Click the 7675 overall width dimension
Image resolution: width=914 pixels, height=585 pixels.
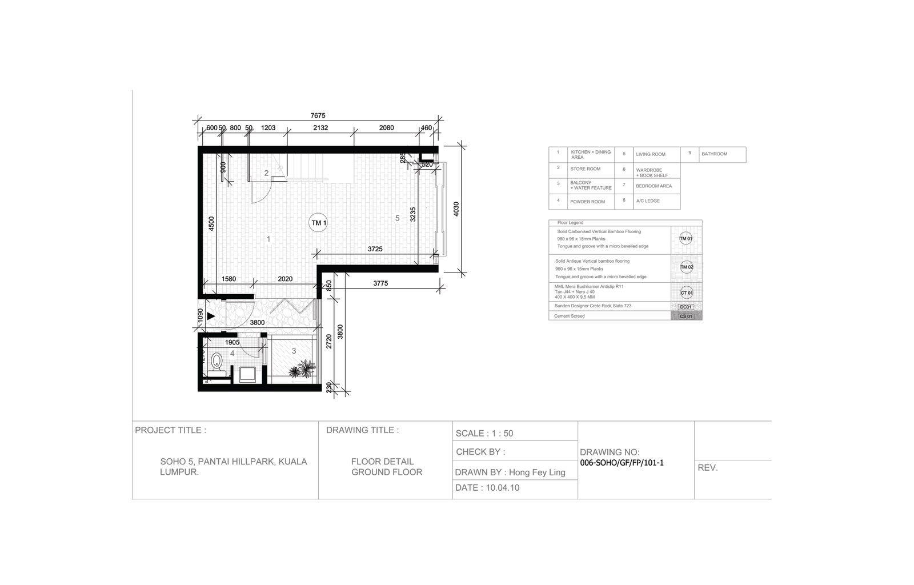point(318,116)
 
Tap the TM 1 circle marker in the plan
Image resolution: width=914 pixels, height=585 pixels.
point(318,223)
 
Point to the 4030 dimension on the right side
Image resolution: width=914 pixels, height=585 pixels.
point(456,209)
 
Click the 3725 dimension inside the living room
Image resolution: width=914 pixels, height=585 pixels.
point(375,249)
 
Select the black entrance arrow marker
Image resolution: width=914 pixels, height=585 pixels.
point(211,316)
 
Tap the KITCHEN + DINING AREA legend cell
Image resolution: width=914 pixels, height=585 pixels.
point(591,154)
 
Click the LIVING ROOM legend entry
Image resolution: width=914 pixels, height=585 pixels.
point(651,154)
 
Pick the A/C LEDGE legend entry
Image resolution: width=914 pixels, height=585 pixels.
point(648,201)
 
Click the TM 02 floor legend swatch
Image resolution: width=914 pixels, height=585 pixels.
point(686,267)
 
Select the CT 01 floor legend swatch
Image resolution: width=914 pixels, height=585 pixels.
point(686,292)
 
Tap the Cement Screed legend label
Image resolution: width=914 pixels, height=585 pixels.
point(570,316)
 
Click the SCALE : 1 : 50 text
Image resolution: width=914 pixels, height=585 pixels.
point(484,434)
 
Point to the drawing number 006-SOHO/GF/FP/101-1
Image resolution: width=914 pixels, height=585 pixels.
point(622,463)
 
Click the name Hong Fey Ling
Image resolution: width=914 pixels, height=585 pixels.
point(537,472)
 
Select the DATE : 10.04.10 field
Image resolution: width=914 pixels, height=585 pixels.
point(487,488)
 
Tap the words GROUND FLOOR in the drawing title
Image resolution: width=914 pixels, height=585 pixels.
point(387,472)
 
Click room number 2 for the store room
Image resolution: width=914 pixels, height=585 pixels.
point(266,173)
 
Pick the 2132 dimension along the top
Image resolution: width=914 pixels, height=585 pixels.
point(320,128)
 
